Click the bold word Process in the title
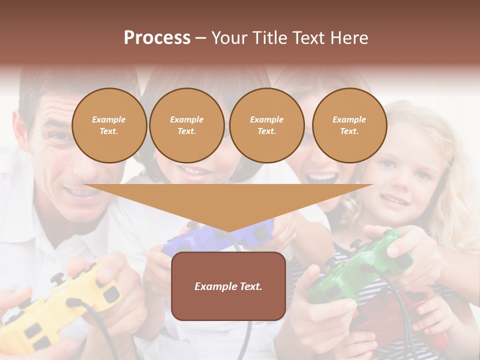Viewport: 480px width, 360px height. pos(157,38)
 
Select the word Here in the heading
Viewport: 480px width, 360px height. pos(349,38)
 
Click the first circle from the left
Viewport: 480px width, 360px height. pos(109,125)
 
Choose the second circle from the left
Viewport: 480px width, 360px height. pos(186,125)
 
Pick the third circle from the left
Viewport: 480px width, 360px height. pos(266,125)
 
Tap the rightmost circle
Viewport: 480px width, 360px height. pos(349,125)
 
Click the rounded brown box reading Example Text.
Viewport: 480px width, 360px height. pos(228,286)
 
